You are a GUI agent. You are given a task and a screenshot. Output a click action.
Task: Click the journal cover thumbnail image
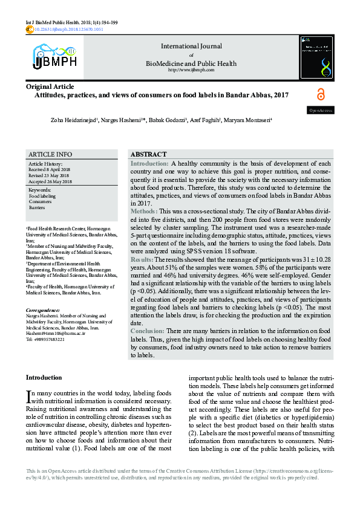coord(316,57)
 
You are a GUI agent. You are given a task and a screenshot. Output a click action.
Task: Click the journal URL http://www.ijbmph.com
coord(191,70)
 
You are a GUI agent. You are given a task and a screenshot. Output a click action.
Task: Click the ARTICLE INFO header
coord(50,155)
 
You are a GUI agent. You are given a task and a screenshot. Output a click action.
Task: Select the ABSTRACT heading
coord(148,155)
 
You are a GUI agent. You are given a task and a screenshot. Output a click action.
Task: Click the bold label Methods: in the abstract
coord(144,212)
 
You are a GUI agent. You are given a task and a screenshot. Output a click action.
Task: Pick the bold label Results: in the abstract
coord(143,259)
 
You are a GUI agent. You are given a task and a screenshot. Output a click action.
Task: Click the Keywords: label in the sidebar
coord(40,190)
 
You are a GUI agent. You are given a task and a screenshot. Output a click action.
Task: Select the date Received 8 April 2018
coord(50,170)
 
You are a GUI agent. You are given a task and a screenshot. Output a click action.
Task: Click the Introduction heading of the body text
coord(44,378)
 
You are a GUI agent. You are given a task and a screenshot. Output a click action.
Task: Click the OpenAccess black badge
coord(321,111)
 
